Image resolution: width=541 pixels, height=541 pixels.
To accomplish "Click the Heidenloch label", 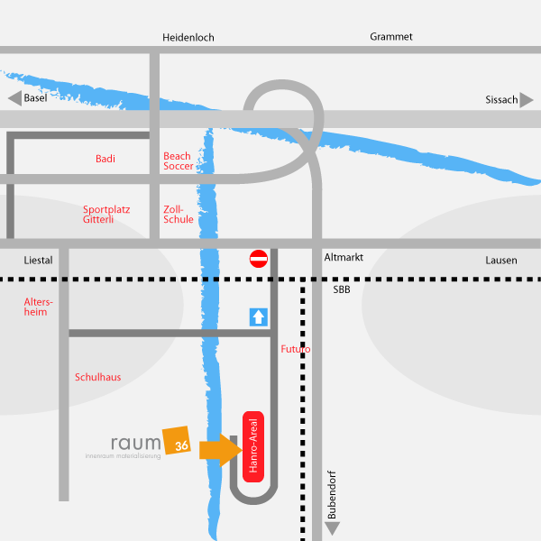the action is [x=188, y=37].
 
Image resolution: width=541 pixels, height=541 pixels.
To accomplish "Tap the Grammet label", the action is [x=391, y=37].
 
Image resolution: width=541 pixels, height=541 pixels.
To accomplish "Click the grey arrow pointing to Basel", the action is [x=14, y=98].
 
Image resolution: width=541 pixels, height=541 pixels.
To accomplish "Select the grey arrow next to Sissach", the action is [x=527, y=100].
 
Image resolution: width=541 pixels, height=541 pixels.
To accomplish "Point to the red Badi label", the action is [x=105, y=159].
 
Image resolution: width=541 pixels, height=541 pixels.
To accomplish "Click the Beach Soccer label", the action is [x=178, y=161].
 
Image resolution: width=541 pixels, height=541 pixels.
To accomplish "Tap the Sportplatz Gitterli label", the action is [x=106, y=215].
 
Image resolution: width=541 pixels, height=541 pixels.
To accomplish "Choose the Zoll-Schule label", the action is [x=178, y=215].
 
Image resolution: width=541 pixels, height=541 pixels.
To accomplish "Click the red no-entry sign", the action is [x=259, y=259].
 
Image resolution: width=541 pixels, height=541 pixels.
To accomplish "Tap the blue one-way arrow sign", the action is [x=259, y=317].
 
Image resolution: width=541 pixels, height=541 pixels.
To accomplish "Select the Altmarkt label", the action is [x=344, y=257].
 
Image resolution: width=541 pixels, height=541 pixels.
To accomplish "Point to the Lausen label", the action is [x=501, y=261].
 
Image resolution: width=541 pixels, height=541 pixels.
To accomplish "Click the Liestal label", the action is [x=38, y=261].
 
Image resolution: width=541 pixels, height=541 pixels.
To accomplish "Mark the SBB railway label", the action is [x=342, y=289].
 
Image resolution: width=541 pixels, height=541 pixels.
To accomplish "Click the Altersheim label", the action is [x=38, y=307].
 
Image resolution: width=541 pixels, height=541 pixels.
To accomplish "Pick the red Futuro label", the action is [x=296, y=349].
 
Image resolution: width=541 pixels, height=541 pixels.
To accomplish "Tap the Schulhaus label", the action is [x=98, y=377].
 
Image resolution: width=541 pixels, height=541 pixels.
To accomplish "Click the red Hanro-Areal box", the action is [x=253, y=447].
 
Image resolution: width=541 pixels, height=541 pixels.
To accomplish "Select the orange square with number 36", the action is [x=177, y=441].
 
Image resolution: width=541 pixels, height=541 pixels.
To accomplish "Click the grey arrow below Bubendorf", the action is [x=332, y=528].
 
